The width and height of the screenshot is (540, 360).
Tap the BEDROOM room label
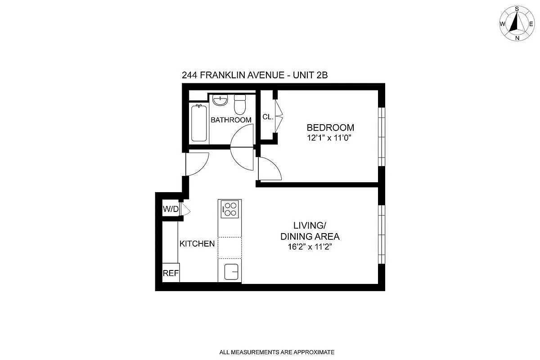pos(330,127)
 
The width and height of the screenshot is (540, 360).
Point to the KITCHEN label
pos(197,244)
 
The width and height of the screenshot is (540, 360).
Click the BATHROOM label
pos(231,120)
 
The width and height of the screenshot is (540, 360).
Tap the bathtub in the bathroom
pos(199,123)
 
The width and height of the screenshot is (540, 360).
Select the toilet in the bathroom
pos(240,105)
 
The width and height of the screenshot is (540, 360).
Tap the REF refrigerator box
pos(171,273)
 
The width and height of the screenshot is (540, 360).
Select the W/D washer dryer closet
pos(171,209)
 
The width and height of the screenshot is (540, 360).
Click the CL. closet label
pos(268,117)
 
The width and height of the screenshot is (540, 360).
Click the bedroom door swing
pos(269,169)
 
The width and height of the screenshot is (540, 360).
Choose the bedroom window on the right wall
pos(382,137)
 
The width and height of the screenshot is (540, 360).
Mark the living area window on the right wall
pos(382,234)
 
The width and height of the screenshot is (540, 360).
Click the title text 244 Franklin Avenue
pos(254,75)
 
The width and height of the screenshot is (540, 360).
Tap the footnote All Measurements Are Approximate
pos(276,352)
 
